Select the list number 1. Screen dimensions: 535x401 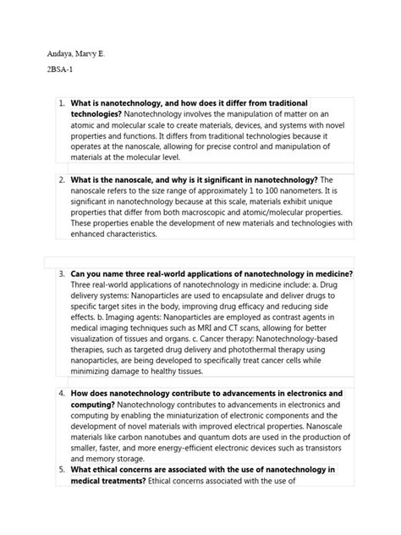click(62, 103)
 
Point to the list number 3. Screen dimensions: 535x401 click(62, 274)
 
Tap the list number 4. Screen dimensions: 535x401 click(62, 394)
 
